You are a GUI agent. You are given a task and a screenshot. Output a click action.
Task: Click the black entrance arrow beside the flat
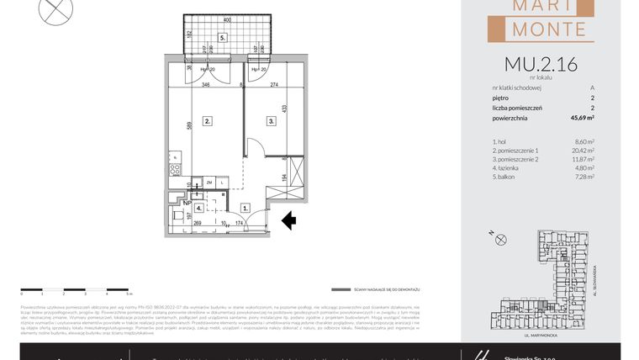pyautogui.click(x=288, y=220)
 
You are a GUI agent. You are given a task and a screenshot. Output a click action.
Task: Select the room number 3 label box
pyautogui.click(x=272, y=121)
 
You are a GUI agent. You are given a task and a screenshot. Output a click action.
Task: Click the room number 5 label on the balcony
pyautogui.click(x=222, y=38)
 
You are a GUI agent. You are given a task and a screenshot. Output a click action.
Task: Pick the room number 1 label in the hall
pyautogui.click(x=245, y=207)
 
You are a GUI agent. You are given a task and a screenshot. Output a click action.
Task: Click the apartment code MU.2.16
pyautogui.click(x=540, y=63)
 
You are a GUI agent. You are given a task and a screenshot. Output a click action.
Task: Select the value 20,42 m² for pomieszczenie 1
pyautogui.click(x=583, y=151)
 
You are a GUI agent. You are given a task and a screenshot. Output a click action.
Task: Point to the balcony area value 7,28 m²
pyautogui.click(x=584, y=176)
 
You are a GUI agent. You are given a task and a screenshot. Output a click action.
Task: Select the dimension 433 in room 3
pyautogui.click(x=286, y=109)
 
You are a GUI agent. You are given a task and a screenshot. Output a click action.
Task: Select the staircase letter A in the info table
pyautogui.click(x=592, y=87)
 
